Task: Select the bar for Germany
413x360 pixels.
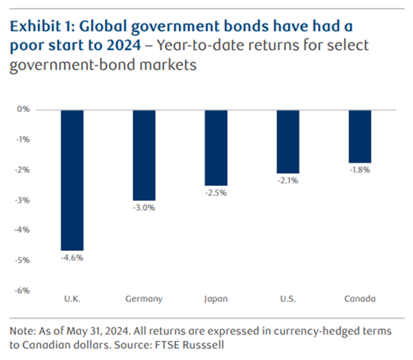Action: [x=144, y=155]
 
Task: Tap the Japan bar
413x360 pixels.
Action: [x=216, y=147]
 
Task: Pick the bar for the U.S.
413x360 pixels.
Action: [x=288, y=141]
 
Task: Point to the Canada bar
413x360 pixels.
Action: [x=360, y=136]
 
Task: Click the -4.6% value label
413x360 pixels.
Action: [x=72, y=258]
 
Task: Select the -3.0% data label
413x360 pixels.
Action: [x=144, y=208]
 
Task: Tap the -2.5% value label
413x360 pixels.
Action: [x=216, y=193]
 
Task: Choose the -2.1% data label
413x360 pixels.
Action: [x=288, y=181]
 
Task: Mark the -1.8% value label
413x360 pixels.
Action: [x=360, y=170]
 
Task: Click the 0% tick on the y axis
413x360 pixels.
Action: [x=24, y=110]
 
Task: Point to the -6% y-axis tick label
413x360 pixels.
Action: [x=22, y=291]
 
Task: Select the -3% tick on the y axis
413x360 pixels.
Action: [x=22, y=200]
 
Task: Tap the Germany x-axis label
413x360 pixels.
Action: [x=144, y=299]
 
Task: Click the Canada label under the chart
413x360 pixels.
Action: [x=360, y=299]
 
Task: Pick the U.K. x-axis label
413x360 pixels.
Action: [x=72, y=299]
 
